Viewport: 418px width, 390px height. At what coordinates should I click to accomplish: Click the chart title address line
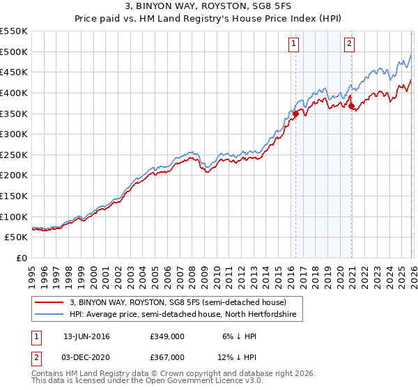[208, 6]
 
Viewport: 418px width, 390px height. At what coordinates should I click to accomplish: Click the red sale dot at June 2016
[295, 113]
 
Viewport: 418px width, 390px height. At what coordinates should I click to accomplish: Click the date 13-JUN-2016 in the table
[86, 336]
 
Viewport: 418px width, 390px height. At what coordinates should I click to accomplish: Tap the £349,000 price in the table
[167, 336]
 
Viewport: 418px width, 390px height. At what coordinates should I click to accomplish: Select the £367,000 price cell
[167, 357]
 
